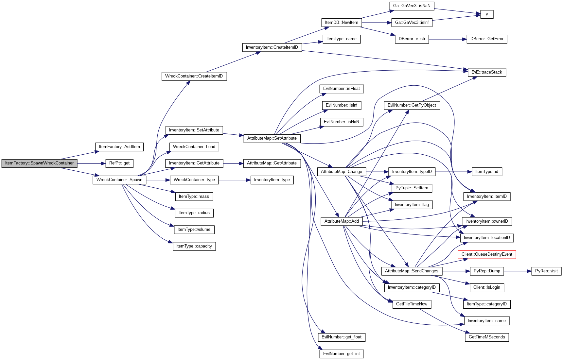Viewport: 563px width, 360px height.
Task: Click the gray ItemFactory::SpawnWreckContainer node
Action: [39, 163]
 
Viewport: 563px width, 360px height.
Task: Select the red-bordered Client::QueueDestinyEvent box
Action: [487, 254]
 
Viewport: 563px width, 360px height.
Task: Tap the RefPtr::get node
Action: [119, 163]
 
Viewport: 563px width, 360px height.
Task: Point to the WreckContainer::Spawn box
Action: [119, 180]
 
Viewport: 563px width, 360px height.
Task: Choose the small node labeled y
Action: [487, 14]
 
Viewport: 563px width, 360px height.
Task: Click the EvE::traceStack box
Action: [487, 72]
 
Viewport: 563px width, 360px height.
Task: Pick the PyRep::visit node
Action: [546, 271]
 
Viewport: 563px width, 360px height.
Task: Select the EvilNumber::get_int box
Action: [342, 354]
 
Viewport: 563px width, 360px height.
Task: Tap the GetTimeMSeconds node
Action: [487, 337]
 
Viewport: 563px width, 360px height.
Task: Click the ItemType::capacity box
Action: [194, 246]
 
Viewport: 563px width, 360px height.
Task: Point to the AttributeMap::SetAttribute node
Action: [272, 138]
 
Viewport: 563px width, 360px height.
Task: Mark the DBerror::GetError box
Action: [487, 39]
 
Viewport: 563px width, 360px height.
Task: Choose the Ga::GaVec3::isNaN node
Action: [412, 6]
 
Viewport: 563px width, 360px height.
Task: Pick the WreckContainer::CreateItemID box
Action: [194, 76]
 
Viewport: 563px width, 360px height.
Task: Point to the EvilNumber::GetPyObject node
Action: [412, 105]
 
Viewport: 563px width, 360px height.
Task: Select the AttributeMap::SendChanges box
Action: [412, 271]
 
